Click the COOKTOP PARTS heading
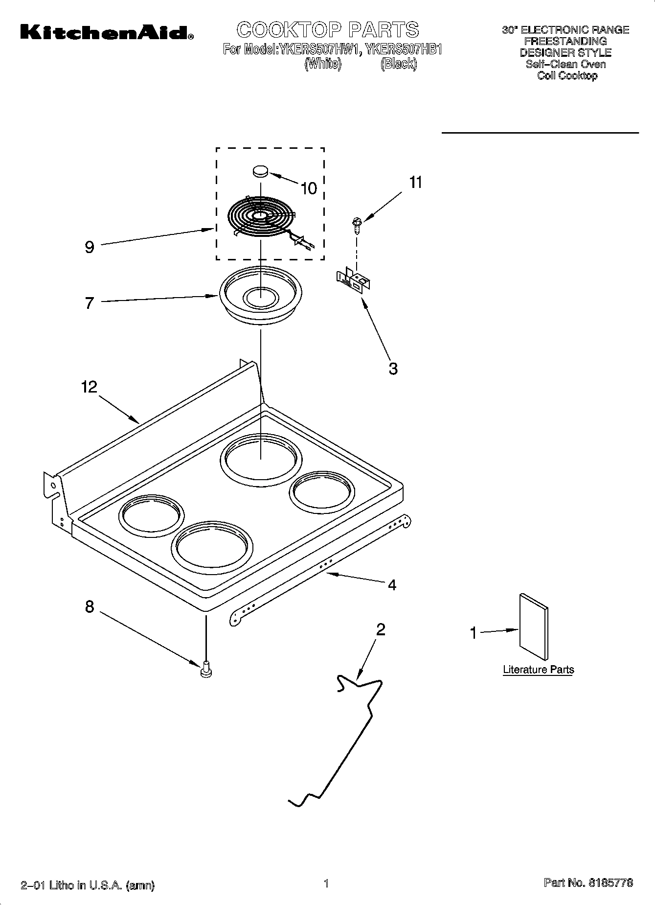328,30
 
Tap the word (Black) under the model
399,64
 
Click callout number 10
309,188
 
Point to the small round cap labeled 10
261,171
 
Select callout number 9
89,247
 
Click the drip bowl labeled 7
260,296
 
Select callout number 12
90,387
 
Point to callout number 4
392,584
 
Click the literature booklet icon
534,627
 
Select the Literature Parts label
538,670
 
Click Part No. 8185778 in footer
588,882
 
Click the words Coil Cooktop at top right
567,75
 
